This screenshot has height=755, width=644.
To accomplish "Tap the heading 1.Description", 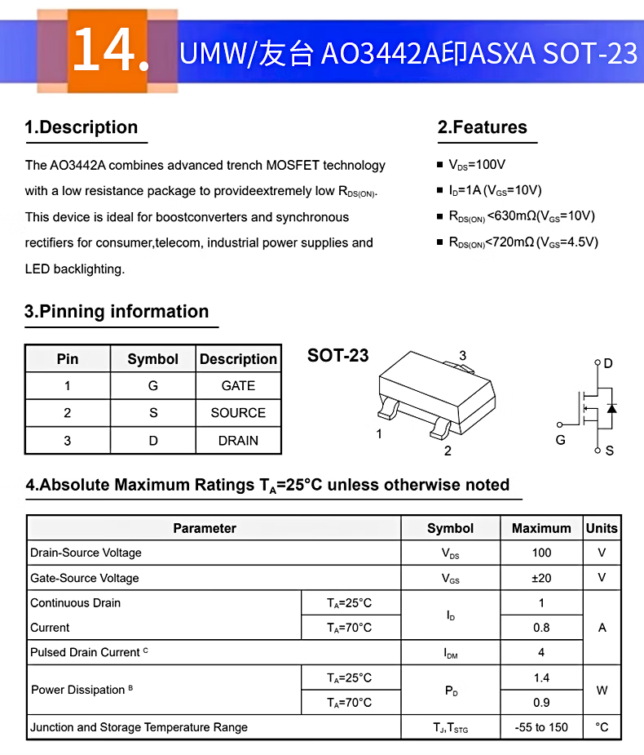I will click(x=82, y=127).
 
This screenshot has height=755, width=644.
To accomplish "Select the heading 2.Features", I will click(x=483, y=127).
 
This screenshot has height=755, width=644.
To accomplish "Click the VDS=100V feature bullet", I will click(x=477, y=165).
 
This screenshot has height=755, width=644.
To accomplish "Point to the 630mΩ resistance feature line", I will click(x=522, y=216).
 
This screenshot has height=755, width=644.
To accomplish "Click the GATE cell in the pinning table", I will click(x=238, y=386).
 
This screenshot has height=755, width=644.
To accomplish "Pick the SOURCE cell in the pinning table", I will click(x=238, y=413).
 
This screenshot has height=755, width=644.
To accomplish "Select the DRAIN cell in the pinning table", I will click(x=238, y=441).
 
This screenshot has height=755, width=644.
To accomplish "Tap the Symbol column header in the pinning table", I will click(x=152, y=359).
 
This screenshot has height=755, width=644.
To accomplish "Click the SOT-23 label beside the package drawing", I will click(x=337, y=356).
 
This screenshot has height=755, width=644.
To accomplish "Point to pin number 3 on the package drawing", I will click(x=462, y=356).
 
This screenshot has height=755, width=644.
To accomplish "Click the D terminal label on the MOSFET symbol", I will click(x=608, y=363).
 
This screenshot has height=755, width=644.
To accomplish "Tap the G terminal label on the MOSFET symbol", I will click(x=560, y=440).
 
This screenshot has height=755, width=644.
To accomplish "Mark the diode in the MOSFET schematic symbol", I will click(x=611, y=407).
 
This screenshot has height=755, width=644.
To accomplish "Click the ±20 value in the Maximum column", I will click(x=541, y=578).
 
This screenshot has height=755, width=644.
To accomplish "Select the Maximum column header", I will click(x=541, y=528).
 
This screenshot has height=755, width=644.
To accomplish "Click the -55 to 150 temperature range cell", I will click(x=541, y=727).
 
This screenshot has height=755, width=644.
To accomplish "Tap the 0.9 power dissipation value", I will click(x=541, y=703).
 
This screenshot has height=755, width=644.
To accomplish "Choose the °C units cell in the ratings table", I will click(x=602, y=727).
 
